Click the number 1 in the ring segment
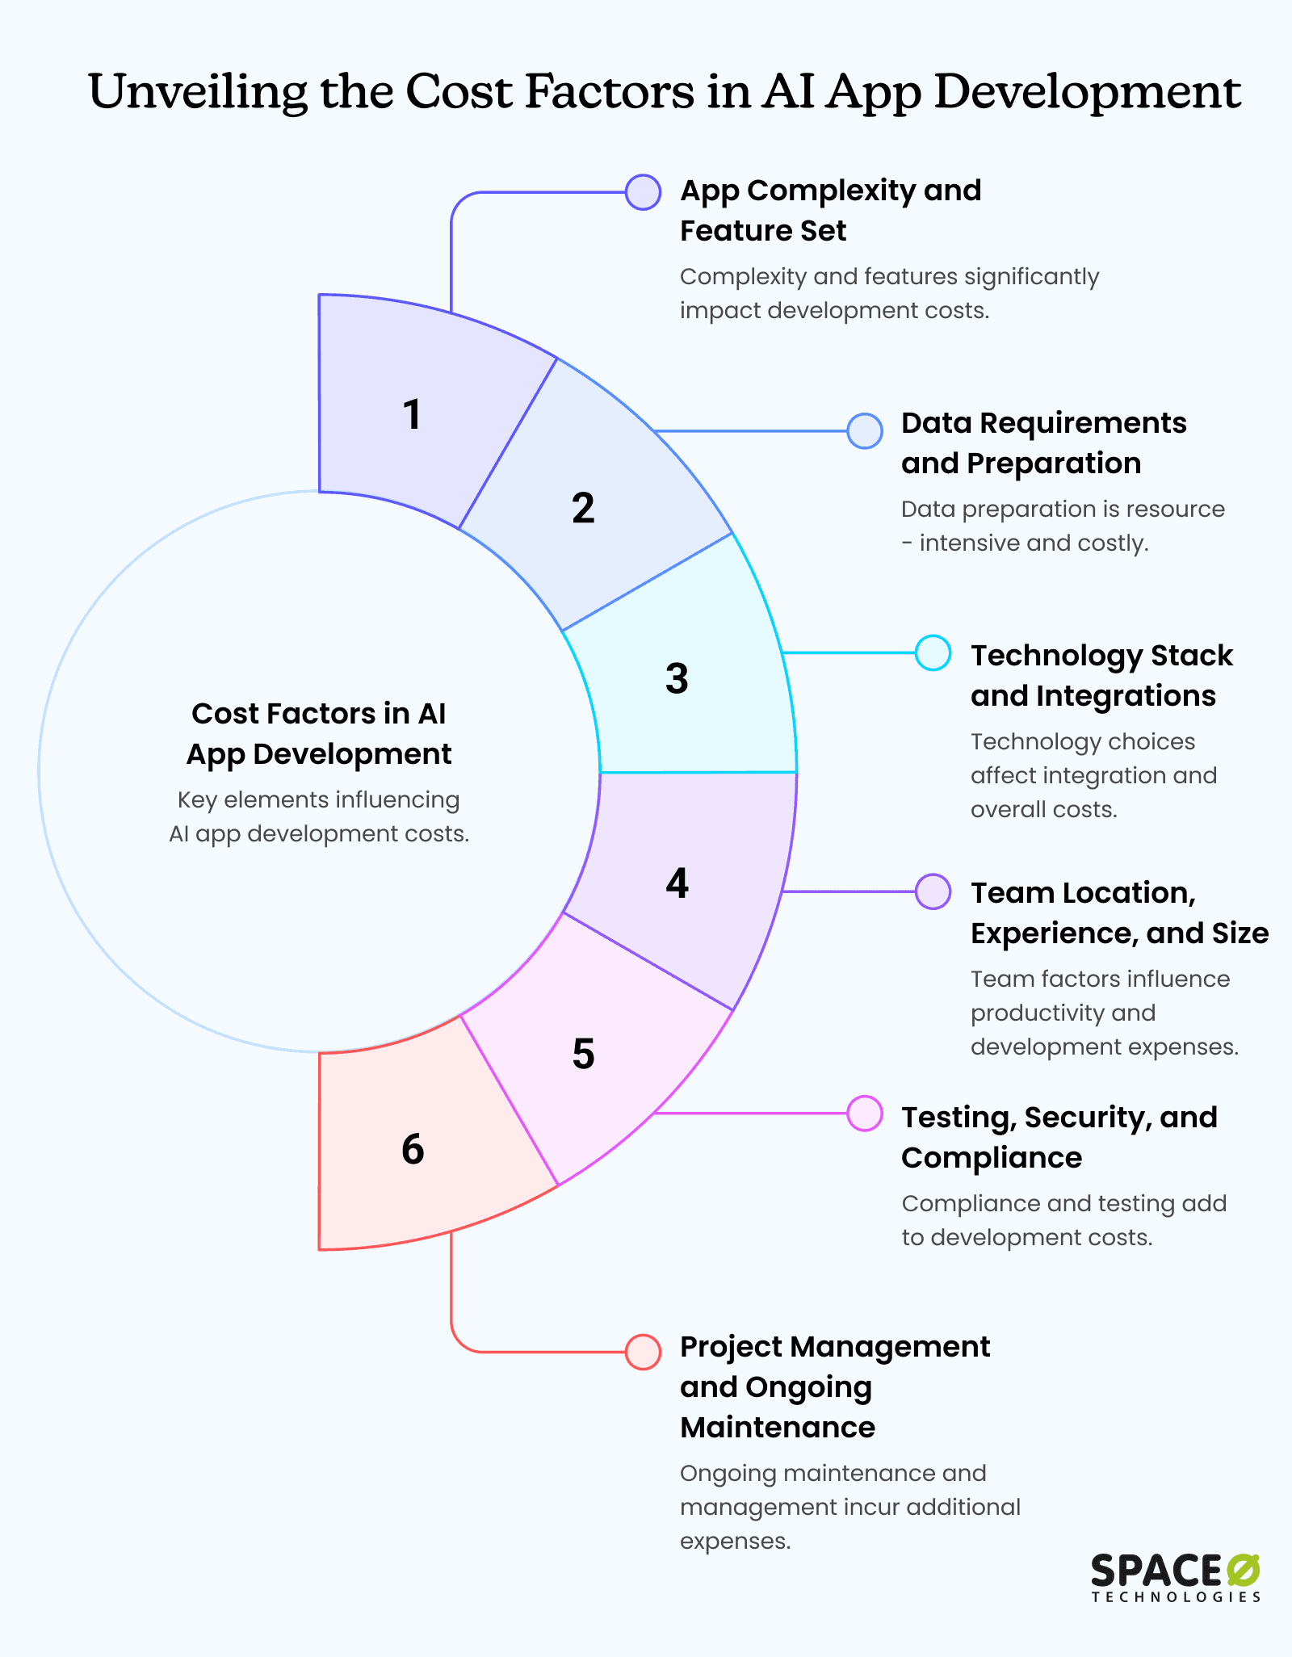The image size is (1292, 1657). (412, 415)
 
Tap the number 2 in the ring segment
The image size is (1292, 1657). (583, 509)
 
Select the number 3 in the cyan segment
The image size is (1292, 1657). (677, 678)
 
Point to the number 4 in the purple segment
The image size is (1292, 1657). (677, 883)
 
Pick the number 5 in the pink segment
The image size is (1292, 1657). (583, 1054)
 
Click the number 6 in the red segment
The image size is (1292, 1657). (412, 1149)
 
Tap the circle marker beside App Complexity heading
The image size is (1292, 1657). (643, 192)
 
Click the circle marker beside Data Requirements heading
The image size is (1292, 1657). (864, 430)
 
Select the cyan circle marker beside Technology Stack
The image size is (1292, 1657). (933, 652)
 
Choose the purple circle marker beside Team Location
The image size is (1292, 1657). (933, 891)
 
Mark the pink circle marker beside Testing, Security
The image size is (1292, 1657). (864, 1114)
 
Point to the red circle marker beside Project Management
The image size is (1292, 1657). (643, 1352)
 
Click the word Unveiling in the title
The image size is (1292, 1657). (198, 91)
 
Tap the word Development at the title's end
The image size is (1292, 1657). (1088, 91)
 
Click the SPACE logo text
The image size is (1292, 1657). (1156, 1571)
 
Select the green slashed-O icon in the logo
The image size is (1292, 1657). (1244, 1571)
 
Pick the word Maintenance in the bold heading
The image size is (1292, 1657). (778, 1428)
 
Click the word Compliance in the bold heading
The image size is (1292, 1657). (992, 1158)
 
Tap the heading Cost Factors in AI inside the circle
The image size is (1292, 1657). (318, 714)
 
